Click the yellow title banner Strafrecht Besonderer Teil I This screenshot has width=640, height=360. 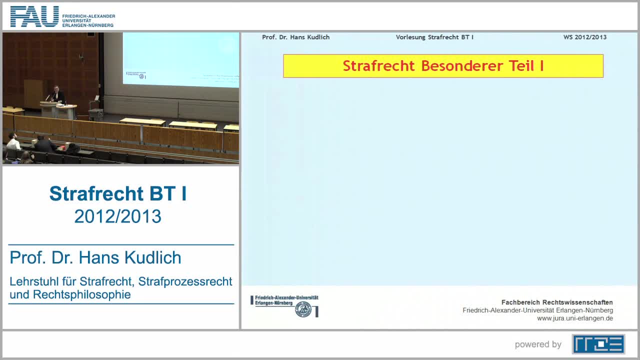[x=443, y=66]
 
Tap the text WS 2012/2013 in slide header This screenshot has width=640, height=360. [x=584, y=37]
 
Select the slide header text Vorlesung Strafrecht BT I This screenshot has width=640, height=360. [x=434, y=37]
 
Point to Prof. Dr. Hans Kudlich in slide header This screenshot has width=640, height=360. [x=295, y=37]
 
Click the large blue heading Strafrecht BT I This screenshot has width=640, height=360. [x=118, y=194]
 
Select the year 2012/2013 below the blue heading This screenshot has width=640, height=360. [x=118, y=216]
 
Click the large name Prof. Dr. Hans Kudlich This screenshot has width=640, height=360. [x=95, y=258]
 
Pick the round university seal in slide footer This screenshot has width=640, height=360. [x=302, y=309]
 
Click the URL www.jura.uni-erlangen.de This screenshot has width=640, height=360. [x=574, y=318]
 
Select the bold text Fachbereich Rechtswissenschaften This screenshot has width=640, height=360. [x=557, y=302]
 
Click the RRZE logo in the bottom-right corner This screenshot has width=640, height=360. [x=598, y=344]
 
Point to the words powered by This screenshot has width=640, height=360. [x=538, y=344]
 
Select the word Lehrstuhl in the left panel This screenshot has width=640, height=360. [x=31, y=281]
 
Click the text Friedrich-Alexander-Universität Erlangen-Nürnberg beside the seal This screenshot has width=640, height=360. [x=286, y=300]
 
